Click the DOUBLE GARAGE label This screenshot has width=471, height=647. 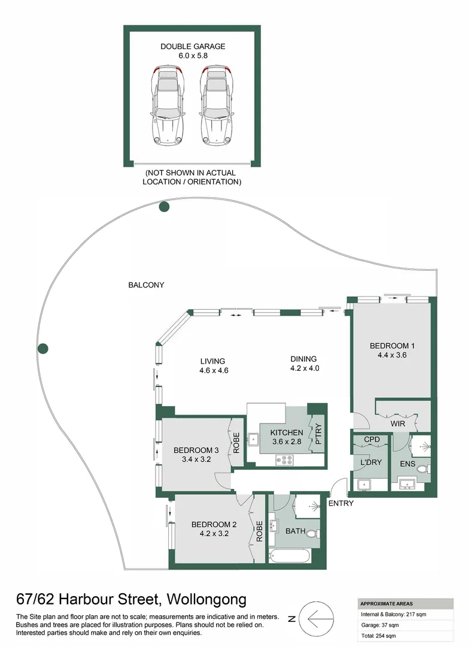pyautogui.click(x=192, y=46)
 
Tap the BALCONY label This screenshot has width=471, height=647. pyautogui.click(x=146, y=285)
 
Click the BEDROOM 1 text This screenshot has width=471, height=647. pyautogui.click(x=392, y=346)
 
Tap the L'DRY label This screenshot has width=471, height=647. pyautogui.click(x=369, y=462)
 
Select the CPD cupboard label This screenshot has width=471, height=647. pyautogui.click(x=372, y=440)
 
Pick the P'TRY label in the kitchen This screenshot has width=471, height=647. pyautogui.click(x=318, y=434)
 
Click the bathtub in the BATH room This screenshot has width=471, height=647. pyautogui.click(x=290, y=557)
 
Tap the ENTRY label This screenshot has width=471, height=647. pyautogui.click(x=341, y=503)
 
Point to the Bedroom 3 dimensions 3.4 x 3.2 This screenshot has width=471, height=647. pyautogui.click(x=192, y=459)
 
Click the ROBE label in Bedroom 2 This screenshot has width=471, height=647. pyautogui.click(x=260, y=530)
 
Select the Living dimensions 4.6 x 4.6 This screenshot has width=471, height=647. pyautogui.click(x=214, y=370)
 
